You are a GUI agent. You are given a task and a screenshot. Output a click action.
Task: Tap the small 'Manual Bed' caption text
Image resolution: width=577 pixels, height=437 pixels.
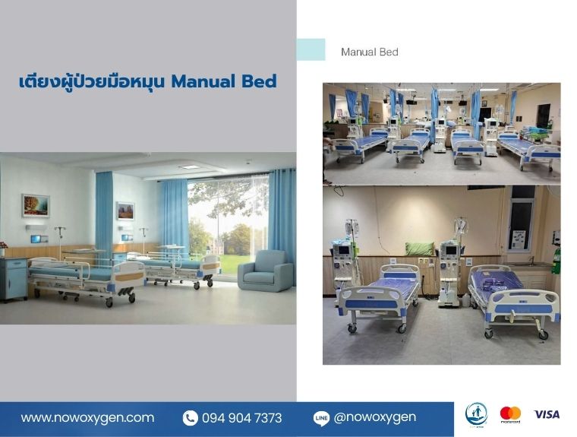pyautogui.click(x=370, y=52)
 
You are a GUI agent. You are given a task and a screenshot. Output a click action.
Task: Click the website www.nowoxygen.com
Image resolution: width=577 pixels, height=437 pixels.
pyautogui.click(x=87, y=418)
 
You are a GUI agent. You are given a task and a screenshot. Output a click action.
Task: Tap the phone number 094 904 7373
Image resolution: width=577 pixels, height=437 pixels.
pyautogui.click(x=241, y=418)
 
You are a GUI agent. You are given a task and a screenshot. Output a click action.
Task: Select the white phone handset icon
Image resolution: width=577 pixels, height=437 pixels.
pyautogui.click(x=190, y=418)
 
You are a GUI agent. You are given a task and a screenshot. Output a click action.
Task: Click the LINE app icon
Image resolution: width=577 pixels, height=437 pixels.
pyautogui.click(x=321, y=419)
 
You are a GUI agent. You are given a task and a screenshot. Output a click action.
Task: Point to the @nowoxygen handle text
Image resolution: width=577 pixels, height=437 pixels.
pyautogui.click(x=374, y=417)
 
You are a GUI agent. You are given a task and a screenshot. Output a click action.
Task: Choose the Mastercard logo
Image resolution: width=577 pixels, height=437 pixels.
pyautogui.click(x=510, y=414)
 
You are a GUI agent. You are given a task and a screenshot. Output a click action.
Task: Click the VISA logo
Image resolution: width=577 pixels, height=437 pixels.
pyautogui.click(x=547, y=414)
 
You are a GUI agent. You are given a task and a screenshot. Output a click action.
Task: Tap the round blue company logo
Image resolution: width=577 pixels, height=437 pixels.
pyautogui.click(x=476, y=414)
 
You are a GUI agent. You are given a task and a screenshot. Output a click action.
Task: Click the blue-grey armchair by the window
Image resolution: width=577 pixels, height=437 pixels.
pyautogui.click(x=266, y=271)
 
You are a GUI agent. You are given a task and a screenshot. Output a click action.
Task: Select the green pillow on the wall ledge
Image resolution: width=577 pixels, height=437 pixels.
pyautogui.click(x=420, y=249)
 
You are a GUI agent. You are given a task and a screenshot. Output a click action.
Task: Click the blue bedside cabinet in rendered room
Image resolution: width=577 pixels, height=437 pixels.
pyautogui.click(x=14, y=279)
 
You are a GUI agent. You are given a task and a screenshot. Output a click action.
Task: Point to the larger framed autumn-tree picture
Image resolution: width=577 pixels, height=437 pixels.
pyautogui.click(x=36, y=206)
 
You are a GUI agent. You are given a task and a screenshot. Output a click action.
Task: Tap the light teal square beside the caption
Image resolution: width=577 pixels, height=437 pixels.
pyautogui.click(x=311, y=49)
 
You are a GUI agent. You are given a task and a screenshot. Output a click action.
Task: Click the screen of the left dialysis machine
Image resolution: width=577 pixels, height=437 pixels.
pyautogui.click(x=343, y=251)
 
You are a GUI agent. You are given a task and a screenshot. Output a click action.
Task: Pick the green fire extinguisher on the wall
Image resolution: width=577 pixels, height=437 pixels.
pyautogui.click(x=557, y=260)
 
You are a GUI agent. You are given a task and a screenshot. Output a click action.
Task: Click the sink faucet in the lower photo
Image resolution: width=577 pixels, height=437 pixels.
pyautogui.click(x=531, y=260)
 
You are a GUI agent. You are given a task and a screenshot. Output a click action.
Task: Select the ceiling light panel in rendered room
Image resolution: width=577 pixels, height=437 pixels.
pyautogui.click(x=189, y=167)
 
